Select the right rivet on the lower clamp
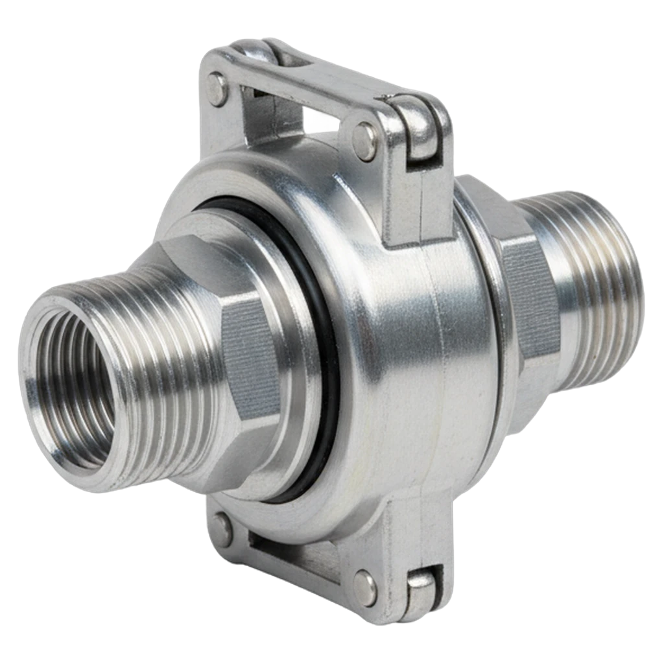[364, 587]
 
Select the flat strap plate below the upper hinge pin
[418, 201]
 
